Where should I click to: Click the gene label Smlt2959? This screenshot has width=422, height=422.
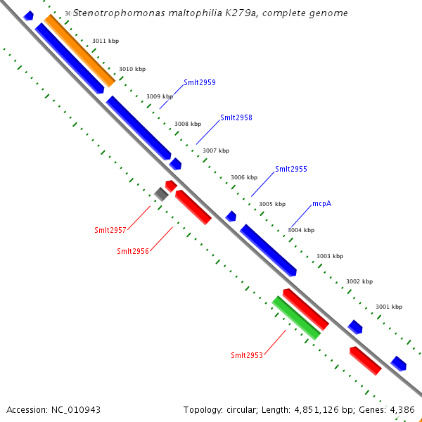tap(199, 83)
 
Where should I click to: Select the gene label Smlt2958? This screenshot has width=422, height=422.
tap(236, 118)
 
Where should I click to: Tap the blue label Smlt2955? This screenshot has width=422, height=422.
tap(290, 169)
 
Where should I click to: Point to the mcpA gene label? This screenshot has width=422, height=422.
tap(321, 204)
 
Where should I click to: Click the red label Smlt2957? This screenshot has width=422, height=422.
tap(110, 230)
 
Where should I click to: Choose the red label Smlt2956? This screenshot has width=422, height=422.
tap(133, 251)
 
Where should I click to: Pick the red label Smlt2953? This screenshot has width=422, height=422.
tap(247, 355)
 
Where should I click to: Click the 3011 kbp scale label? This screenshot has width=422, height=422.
tap(105, 41)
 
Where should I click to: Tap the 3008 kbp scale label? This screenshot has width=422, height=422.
tap(188, 124)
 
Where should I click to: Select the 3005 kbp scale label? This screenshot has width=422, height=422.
tap(272, 204)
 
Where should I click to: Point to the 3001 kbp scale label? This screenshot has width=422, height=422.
tap(388, 307)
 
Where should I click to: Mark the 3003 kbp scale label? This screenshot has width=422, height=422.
tap(330, 256)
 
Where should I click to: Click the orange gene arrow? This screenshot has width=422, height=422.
tap(79, 50)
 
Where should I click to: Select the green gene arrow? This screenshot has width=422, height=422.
tap(296, 318)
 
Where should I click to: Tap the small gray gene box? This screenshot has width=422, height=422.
tap(161, 194)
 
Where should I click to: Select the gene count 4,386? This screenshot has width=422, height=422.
tap(402, 409)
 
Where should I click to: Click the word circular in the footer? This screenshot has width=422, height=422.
tap(245, 409)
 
